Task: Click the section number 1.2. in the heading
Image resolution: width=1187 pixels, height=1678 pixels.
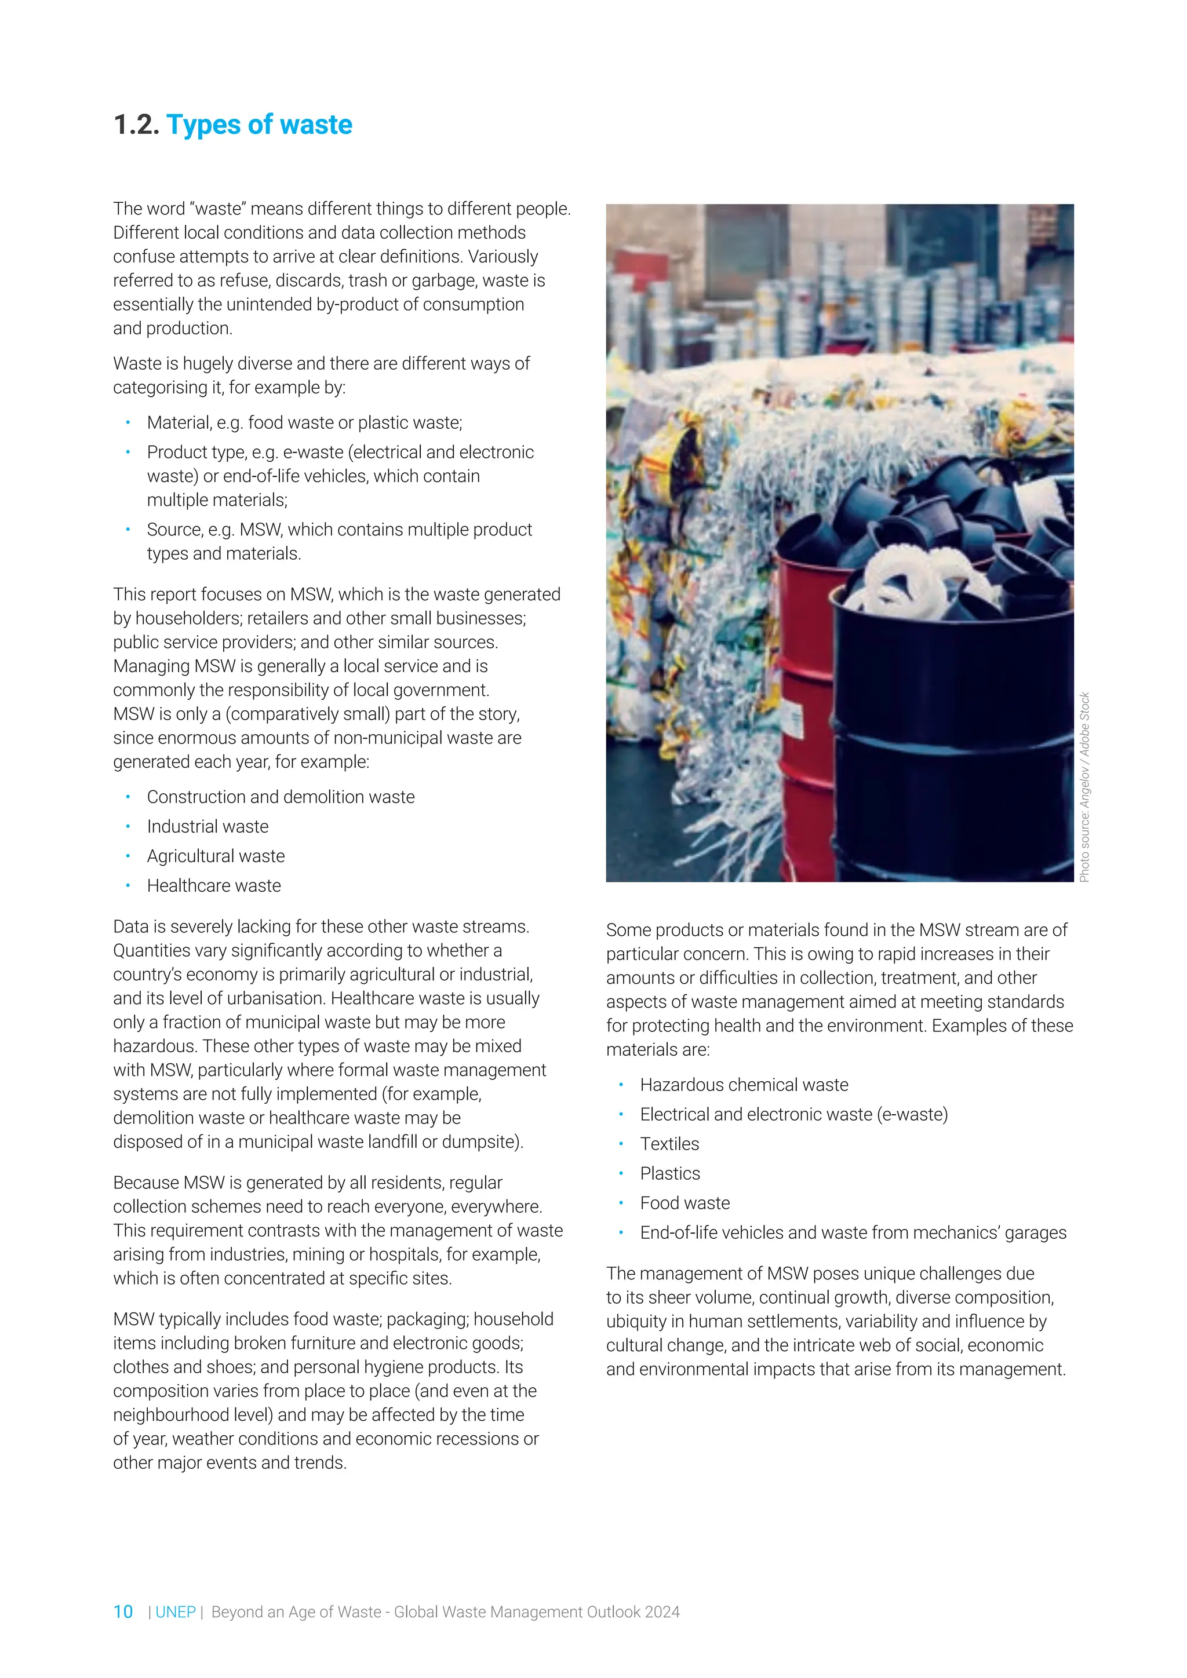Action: pyautogui.click(x=136, y=125)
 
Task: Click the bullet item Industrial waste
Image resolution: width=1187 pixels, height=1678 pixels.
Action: pyautogui.click(x=207, y=827)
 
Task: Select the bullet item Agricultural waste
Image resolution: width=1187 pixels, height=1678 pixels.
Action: pyautogui.click(x=216, y=856)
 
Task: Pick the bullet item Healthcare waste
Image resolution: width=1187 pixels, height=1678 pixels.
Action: pyautogui.click(x=213, y=886)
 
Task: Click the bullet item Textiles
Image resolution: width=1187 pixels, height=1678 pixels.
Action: pyautogui.click(x=669, y=1144)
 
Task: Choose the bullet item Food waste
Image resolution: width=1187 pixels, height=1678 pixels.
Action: pyautogui.click(x=685, y=1203)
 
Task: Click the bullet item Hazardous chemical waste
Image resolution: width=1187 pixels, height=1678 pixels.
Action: pyautogui.click(x=744, y=1085)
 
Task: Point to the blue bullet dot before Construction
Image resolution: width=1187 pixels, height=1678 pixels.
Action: pyautogui.click(x=128, y=797)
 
